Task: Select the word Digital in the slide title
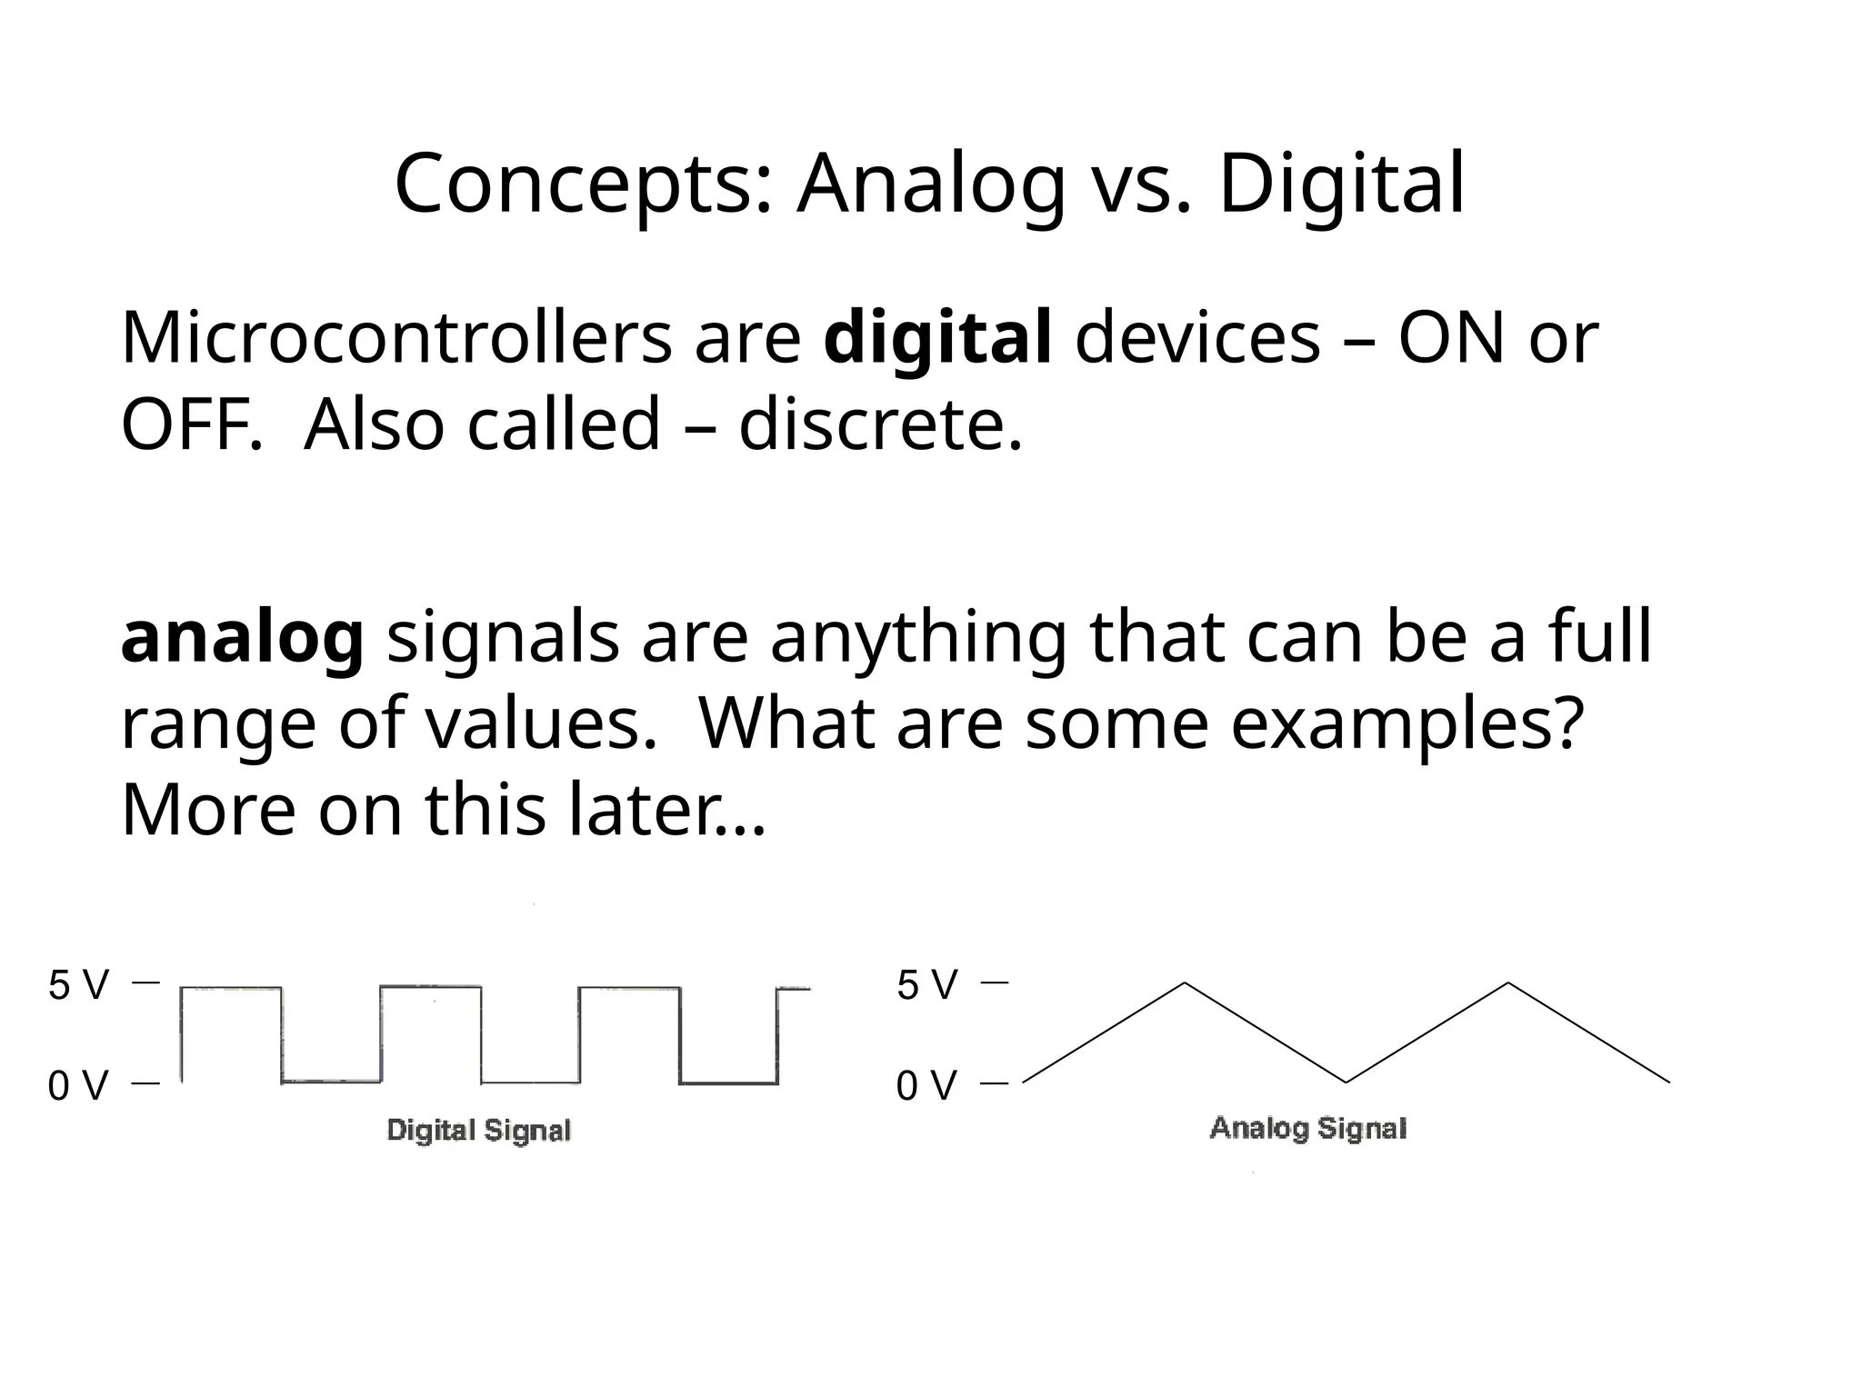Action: coord(1341,184)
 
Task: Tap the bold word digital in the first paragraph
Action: coord(937,338)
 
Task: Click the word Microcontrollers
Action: coord(395,338)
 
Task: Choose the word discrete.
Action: coord(880,424)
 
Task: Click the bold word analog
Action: coord(242,637)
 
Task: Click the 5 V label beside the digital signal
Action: coord(78,985)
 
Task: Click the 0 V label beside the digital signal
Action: coord(78,1085)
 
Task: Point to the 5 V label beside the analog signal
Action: coord(927,985)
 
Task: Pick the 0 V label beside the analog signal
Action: coord(927,1085)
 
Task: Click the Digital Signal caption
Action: coord(478,1131)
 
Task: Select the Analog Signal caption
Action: coord(1308,1129)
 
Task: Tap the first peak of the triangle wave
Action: coord(1185,983)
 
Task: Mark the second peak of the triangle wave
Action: coord(1508,983)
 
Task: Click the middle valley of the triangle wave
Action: coord(1346,1082)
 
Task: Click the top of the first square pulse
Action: coord(231,988)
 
